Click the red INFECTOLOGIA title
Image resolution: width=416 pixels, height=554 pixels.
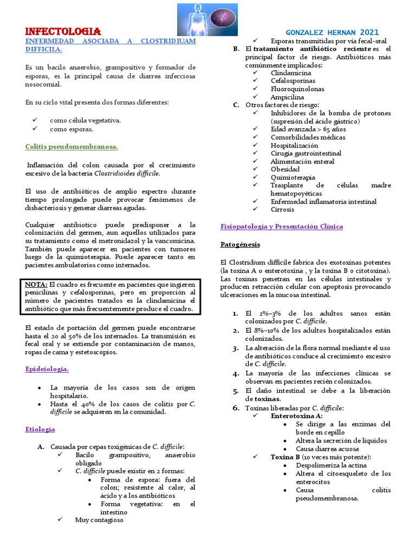63,31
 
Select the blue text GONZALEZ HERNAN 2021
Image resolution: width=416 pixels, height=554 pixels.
332,32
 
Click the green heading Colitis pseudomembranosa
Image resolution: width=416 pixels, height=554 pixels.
71,147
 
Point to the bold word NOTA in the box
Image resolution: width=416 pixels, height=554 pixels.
36,285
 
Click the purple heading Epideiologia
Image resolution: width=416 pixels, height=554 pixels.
47,369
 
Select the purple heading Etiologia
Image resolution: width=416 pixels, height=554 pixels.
40,429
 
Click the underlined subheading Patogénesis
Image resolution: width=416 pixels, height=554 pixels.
240,245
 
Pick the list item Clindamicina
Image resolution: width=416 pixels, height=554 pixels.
291,72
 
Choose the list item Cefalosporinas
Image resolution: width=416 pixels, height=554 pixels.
294,81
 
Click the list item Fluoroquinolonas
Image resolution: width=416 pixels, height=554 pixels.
297,89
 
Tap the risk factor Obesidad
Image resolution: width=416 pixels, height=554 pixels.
285,169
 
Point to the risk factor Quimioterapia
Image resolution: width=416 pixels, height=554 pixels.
292,177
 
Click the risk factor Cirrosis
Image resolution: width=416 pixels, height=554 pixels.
282,209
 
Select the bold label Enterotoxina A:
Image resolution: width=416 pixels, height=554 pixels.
296,415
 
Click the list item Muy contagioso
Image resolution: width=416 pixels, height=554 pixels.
99,520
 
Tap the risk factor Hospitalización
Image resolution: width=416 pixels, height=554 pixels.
294,145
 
